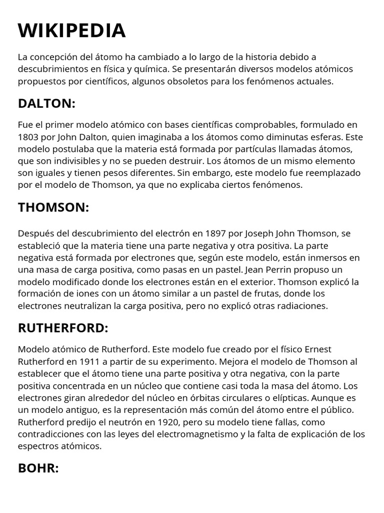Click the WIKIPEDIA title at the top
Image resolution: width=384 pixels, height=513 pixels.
(71, 31)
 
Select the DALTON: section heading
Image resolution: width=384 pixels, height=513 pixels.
(46, 104)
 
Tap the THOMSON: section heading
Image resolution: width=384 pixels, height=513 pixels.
(53, 207)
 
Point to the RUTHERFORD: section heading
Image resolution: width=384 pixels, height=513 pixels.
(63, 328)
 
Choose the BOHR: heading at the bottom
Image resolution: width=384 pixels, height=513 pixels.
(38, 468)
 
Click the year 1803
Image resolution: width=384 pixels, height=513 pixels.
(29, 137)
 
